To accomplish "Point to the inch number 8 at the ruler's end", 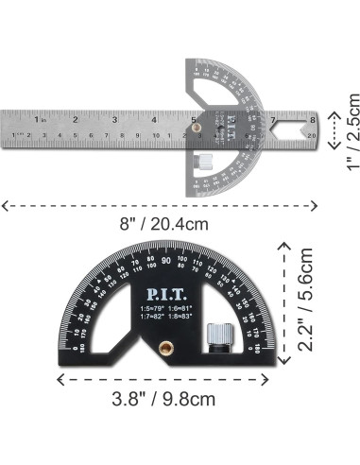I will point(312,119).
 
